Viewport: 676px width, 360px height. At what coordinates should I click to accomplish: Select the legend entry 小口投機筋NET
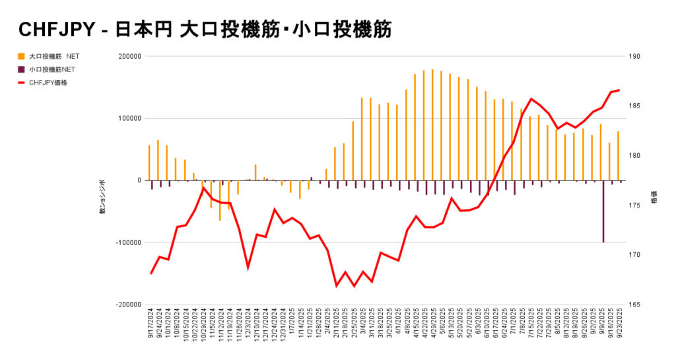click(52, 69)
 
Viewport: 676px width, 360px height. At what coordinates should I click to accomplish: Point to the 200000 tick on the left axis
click(128, 57)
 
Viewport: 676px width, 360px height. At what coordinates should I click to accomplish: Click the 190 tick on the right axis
click(636, 57)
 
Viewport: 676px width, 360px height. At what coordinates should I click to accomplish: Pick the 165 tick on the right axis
click(636, 305)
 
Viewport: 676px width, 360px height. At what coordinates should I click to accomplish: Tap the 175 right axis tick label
click(636, 205)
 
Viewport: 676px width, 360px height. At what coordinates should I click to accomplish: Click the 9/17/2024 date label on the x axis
click(151, 324)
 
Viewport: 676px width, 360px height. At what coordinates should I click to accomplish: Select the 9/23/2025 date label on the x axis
click(619, 324)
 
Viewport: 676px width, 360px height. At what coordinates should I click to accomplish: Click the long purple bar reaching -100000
click(603, 211)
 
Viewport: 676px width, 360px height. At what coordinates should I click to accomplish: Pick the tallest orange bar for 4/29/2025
click(432, 125)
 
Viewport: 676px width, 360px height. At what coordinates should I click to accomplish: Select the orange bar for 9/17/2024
click(149, 162)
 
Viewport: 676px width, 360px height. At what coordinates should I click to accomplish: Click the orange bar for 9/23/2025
click(618, 156)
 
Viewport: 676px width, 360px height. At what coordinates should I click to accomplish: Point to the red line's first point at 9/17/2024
click(151, 273)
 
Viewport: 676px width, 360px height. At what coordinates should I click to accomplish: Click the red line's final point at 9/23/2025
click(619, 90)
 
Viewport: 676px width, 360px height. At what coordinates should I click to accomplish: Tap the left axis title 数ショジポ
click(102, 197)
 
